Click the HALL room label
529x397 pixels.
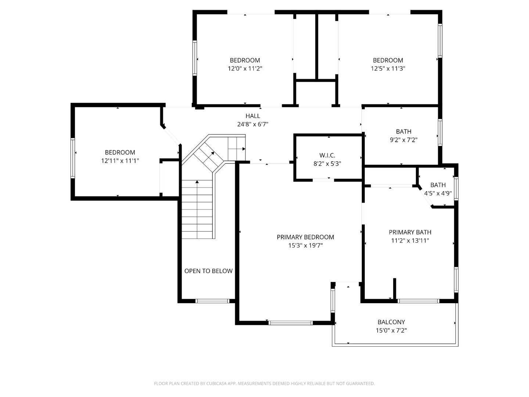tap(253, 116)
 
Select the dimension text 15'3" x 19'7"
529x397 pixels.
tap(305, 246)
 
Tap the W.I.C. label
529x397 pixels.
tap(327, 155)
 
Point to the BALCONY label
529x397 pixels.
tap(391, 322)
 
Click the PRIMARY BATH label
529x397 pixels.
tap(410, 232)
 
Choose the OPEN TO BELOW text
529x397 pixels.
tap(208, 271)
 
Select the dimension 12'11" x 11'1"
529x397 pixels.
tap(120, 161)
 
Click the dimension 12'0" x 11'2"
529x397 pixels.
tap(245, 68)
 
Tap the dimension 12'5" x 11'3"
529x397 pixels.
tap(388, 68)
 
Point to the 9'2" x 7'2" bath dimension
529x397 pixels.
tap(403, 140)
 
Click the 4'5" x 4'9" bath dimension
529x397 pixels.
tap(438, 193)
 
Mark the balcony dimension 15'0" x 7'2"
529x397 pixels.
tap(391, 330)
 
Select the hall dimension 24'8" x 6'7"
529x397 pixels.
tap(253, 125)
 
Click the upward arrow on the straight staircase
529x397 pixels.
tap(197, 182)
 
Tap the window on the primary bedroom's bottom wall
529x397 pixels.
tap(290, 323)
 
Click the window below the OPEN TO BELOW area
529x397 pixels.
tap(213, 301)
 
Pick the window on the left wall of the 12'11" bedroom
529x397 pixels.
tap(73, 158)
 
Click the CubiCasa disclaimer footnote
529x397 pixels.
tap(264, 383)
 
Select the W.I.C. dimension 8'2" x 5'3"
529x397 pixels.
tap(327, 164)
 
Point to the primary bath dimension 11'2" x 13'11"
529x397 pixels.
tap(410, 241)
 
